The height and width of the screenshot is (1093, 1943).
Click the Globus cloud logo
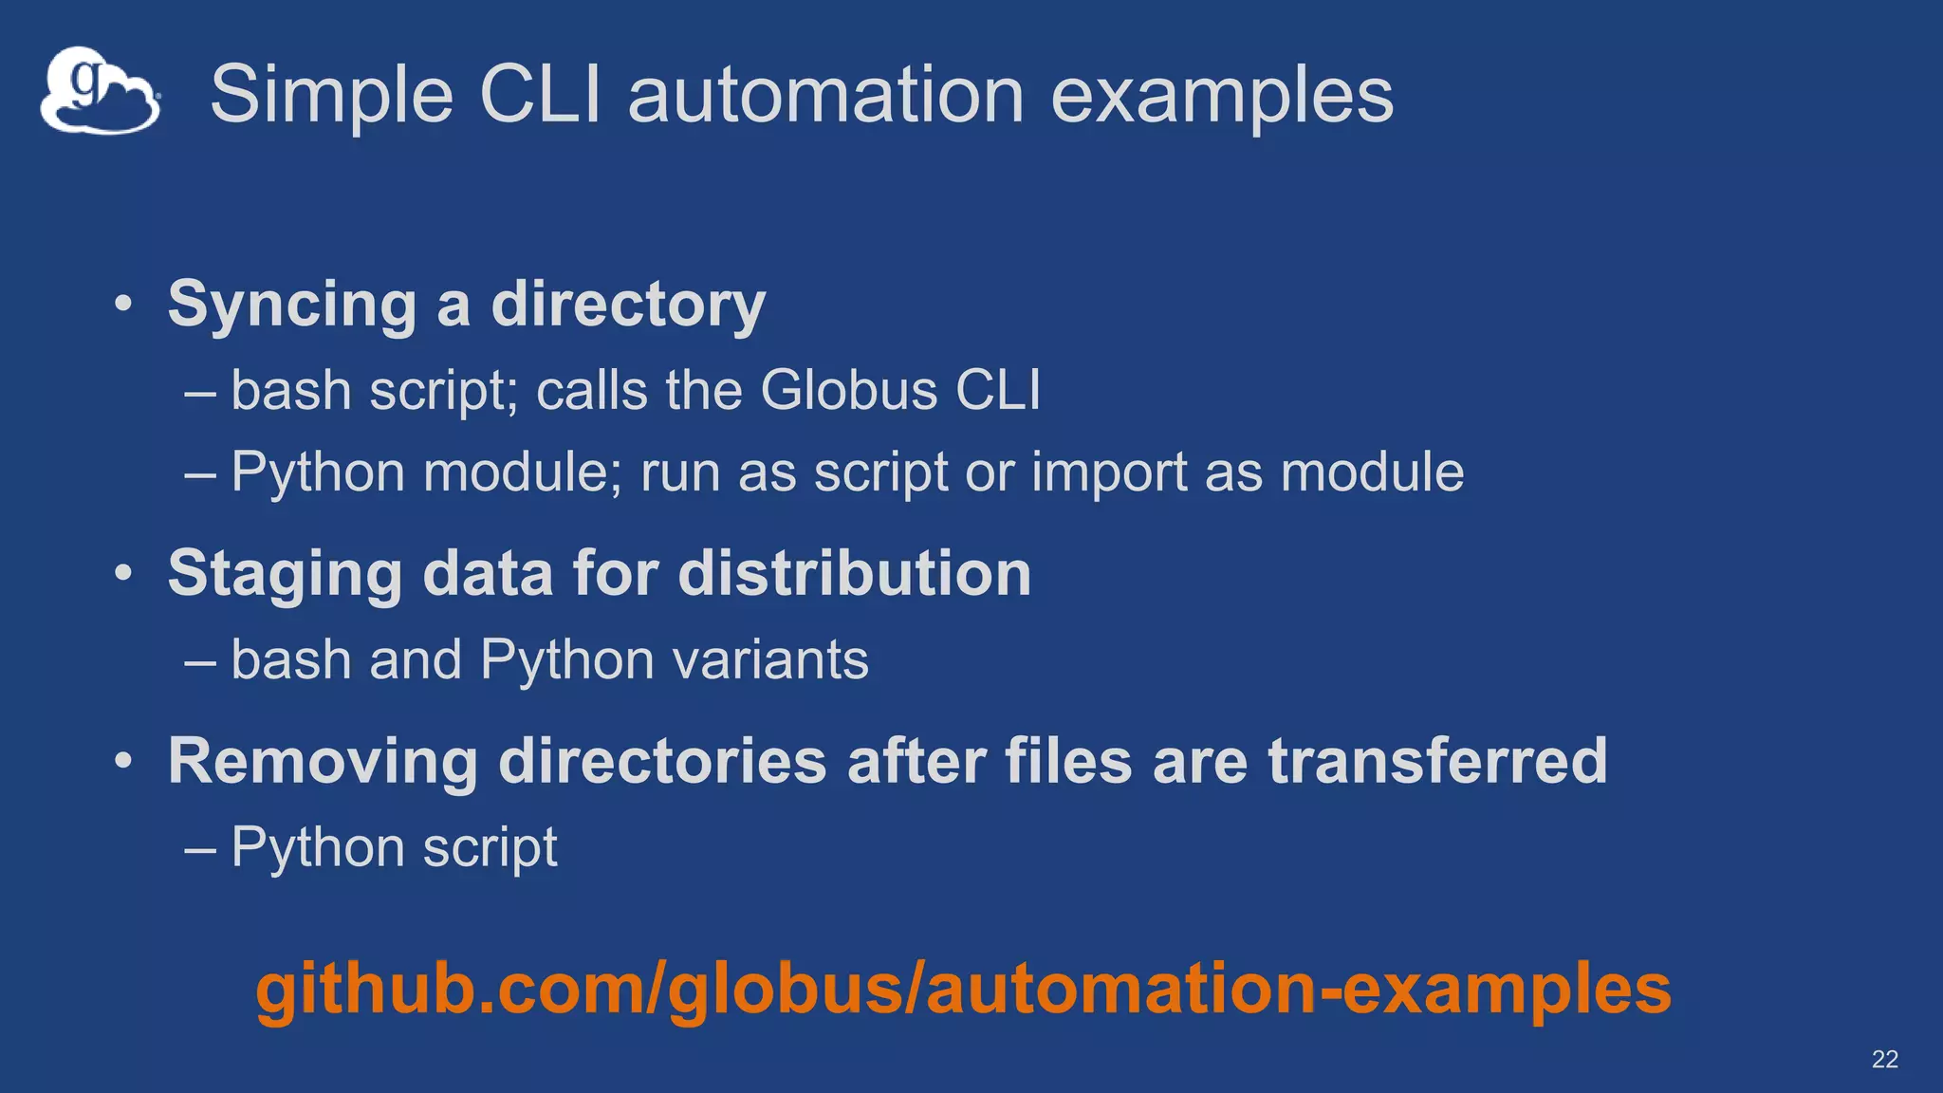point(100,91)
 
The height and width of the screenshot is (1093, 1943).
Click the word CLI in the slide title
point(541,95)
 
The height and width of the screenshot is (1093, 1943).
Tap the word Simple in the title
point(332,95)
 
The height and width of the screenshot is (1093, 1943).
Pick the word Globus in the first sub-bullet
point(849,390)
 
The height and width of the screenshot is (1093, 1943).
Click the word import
point(1109,472)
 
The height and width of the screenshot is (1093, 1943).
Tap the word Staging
point(285,575)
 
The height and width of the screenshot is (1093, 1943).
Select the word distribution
point(855,573)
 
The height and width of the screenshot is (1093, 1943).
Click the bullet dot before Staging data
point(123,574)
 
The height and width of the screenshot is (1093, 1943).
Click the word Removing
point(323,761)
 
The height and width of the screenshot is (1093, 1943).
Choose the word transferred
point(1437,761)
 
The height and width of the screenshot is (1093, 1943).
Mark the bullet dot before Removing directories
point(123,761)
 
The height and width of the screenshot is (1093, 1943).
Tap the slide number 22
point(1884,1059)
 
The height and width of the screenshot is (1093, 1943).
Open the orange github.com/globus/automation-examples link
point(963,989)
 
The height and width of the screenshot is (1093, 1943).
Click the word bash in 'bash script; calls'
point(291,390)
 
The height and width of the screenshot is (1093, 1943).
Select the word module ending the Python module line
point(1372,472)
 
